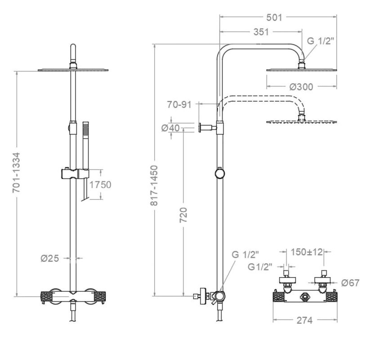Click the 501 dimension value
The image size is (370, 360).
(x=274, y=18)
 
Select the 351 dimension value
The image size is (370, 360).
(x=260, y=32)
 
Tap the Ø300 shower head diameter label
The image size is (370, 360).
(x=301, y=87)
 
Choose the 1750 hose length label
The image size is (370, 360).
(x=100, y=185)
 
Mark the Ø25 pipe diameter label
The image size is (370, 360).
(x=51, y=258)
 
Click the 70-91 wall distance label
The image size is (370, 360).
(x=179, y=105)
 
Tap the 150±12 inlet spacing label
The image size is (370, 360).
(x=306, y=252)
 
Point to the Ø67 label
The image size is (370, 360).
(x=350, y=283)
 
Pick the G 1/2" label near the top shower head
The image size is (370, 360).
(x=321, y=41)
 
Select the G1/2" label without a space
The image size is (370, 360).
(x=260, y=267)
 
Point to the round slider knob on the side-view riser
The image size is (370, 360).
(x=219, y=173)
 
